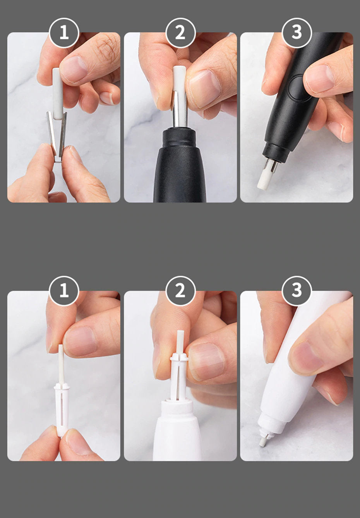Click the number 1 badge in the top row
point(64,33)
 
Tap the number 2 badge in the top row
point(181,33)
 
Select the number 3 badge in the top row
point(297,33)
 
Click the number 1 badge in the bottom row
point(64,291)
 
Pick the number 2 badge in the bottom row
point(181,291)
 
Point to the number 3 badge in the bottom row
point(297,291)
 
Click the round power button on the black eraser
point(298,88)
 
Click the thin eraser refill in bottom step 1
point(61,365)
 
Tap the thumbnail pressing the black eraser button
point(319,79)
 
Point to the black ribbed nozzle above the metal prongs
point(276,151)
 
